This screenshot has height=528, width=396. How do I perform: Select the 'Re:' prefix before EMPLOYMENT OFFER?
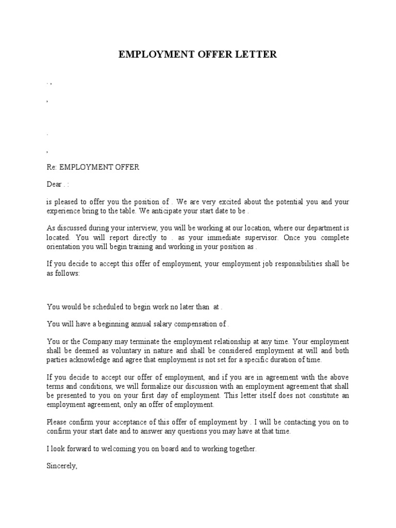click(52, 167)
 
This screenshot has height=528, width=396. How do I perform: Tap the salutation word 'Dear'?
click(54, 184)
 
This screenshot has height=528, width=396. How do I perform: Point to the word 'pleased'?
click(65, 202)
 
